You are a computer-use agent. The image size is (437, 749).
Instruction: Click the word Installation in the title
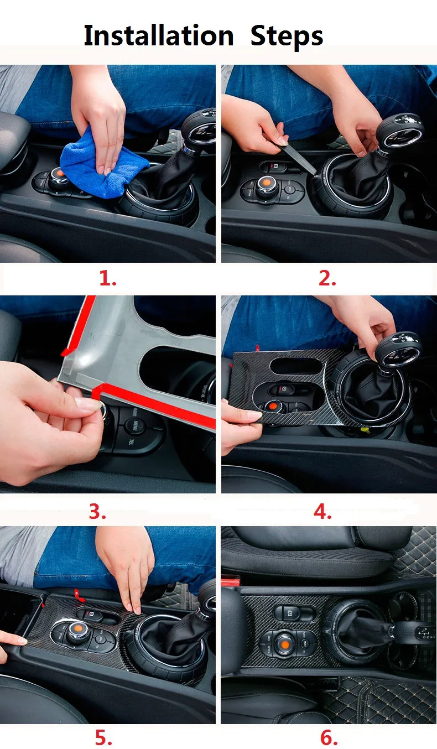click(x=159, y=35)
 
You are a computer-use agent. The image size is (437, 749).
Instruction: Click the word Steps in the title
click(x=287, y=37)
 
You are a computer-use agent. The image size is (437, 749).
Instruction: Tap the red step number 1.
click(x=108, y=278)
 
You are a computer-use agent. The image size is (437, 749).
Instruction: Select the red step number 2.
click(x=327, y=278)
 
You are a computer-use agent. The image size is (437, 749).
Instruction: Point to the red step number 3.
click(x=97, y=511)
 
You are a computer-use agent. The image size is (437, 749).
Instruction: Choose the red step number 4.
click(x=322, y=511)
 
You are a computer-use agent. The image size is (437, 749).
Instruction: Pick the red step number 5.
click(x=103, y=737)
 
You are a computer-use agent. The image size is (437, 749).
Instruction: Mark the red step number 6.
click(x=329, y=737)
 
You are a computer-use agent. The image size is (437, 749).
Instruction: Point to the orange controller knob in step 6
click(x=284, y=644)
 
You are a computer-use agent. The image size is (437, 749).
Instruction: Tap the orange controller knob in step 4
click(x=272, y=405)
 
